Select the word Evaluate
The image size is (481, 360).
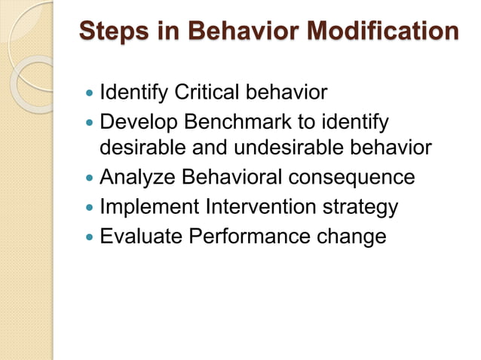(x=140, y=236)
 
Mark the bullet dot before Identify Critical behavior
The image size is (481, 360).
(x=90, y=94)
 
